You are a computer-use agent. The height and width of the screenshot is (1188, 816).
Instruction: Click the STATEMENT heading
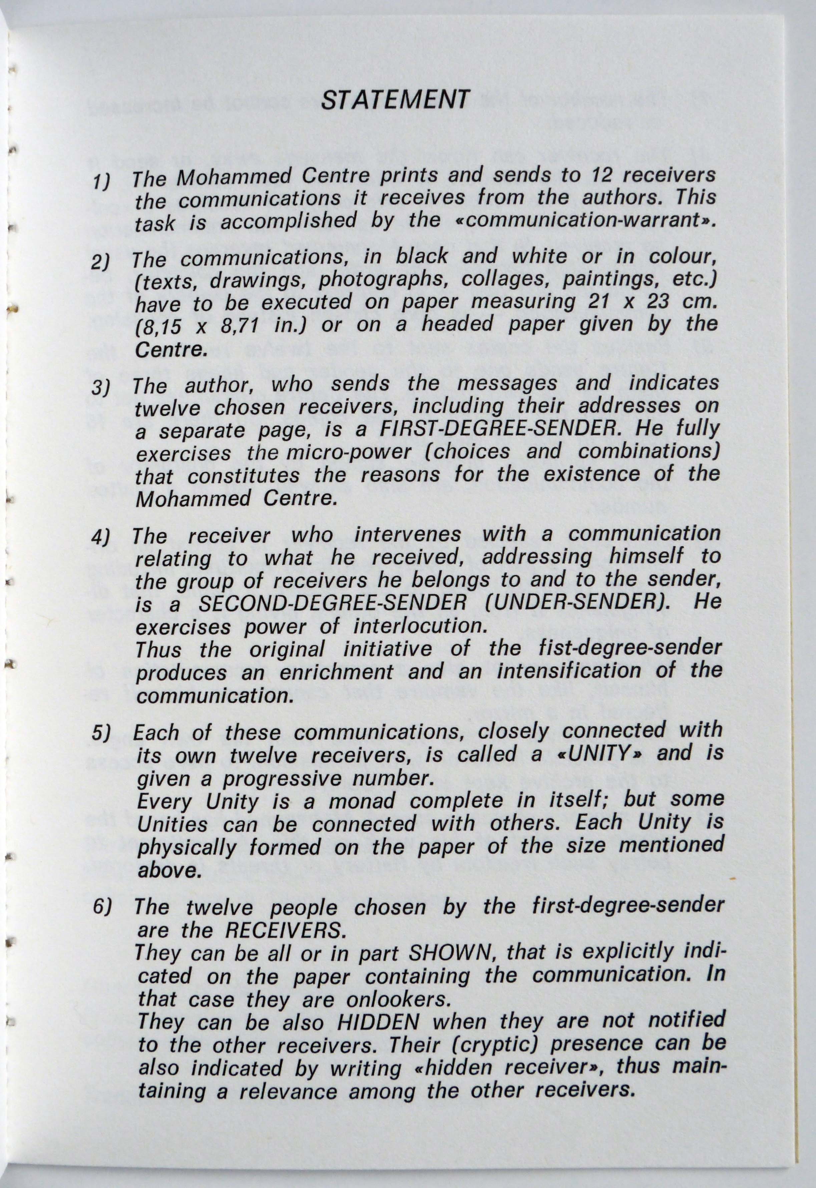pos(395,100)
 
